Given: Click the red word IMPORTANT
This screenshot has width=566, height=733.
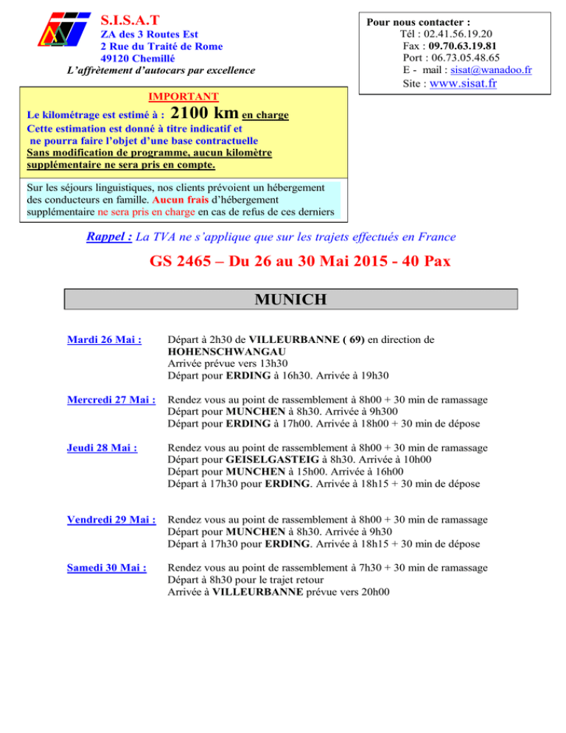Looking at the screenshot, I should click(183, 97).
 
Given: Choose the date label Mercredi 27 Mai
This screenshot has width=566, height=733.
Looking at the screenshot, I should click(111, 400).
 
